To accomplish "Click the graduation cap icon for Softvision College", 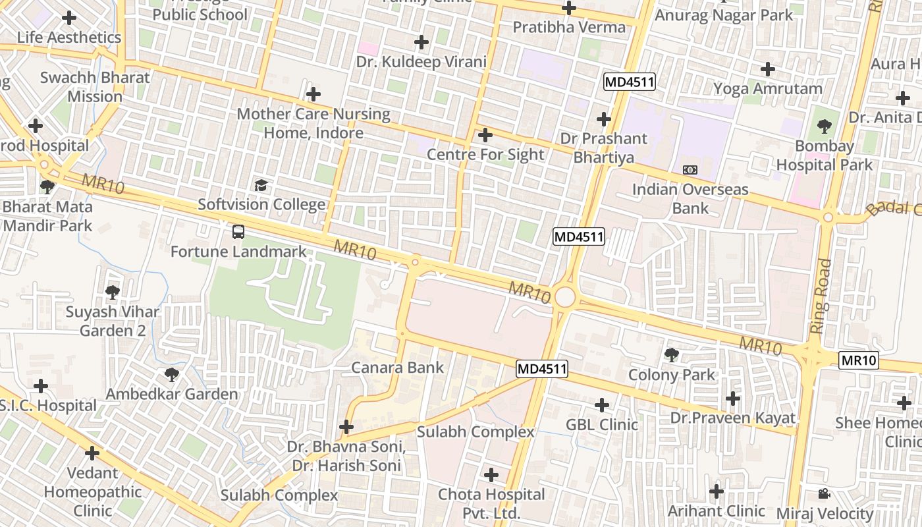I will click(x=261, y=185).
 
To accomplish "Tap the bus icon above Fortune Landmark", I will click(x=238, y=232).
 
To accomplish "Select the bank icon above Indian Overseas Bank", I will click(x=690, y=170).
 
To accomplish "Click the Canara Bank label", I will click(x=398, y=368).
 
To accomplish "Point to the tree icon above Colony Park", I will click(x=672, y=356).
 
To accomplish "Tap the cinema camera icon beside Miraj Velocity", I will click(x=824, y=493).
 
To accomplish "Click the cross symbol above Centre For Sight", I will click(x=485, y=135).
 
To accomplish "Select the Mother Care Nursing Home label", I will click(x=313, y=123).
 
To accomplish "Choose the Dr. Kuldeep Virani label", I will click(x=421, y=62).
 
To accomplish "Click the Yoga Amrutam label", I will click(x=768, y=88).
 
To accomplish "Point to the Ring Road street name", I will click(x=821, y=296).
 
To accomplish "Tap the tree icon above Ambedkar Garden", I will click(x=172, y=375).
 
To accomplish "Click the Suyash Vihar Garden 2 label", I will click(x=113, y=321).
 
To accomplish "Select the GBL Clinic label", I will click(x=602, y=424).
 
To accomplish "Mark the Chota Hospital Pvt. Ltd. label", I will click(x=491, y=503).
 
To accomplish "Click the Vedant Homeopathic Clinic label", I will click(x=93, y=491).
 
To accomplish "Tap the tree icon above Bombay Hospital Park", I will click(x=823, y=126).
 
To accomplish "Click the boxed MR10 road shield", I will click(x=859, y=360).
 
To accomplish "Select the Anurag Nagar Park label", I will click(x=724, y=14).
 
